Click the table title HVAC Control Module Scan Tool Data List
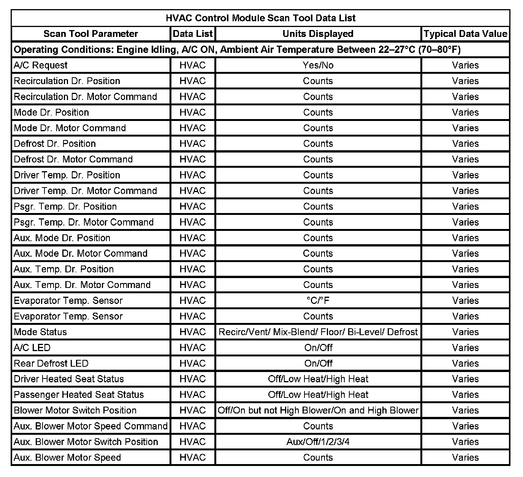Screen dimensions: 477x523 pos(260,18)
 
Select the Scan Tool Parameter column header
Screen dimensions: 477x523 pos(90,34)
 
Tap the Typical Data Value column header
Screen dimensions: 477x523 pos(465,34)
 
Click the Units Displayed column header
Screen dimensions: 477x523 pos(318,34)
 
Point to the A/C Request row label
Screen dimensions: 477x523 pos(41,65)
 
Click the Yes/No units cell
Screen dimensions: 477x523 pos(318,65)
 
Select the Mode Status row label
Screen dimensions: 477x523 pos(40,332)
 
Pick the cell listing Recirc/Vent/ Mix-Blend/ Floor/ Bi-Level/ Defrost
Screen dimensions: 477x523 pos(318,332)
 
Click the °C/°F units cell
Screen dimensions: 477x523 pos(318,301)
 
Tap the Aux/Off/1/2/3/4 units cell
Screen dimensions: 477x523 pos(318,442)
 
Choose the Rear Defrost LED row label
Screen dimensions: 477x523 pos(51,363)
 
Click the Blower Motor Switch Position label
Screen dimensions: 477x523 pos(75,410)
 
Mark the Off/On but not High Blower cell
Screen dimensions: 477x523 pos(318,410)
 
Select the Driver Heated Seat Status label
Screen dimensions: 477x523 pos(69,379)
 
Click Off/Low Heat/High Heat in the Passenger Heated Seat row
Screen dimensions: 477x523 pos(318,394)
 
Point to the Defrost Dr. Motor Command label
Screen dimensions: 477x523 pos(73,159)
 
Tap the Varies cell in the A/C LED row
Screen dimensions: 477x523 pos(465,348)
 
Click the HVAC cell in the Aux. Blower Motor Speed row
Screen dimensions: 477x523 pos(192,457)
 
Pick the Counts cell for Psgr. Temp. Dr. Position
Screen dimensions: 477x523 pos(318,207)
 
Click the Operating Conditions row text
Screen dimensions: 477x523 pos(237,49)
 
